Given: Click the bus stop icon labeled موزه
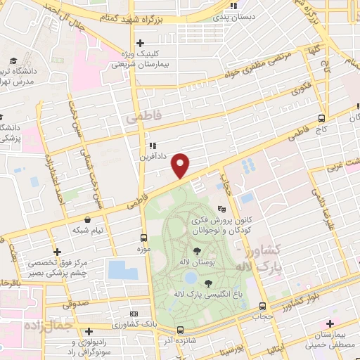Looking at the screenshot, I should [143, 238].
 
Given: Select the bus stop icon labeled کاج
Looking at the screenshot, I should [321, 118].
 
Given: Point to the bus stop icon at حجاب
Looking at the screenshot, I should [262, 307].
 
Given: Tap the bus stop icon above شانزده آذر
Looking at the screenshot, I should [180, 329].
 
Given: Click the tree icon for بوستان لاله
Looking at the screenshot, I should [196, 250].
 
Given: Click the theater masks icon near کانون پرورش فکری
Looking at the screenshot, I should [222, 208].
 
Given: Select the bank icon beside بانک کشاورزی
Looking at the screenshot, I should [134, 314].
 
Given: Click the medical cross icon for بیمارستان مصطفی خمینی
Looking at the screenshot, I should [330, 323].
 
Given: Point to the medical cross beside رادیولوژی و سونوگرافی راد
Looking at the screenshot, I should [88, 331].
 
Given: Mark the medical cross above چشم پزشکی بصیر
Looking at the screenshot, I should [58, 252].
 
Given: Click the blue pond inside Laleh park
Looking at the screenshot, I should [191, 279].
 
